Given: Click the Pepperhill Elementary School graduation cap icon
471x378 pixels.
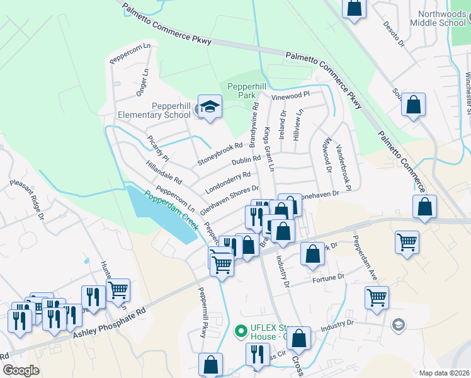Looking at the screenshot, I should [x=210, y=106].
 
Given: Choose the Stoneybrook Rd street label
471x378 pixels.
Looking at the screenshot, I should [x=220, y=153].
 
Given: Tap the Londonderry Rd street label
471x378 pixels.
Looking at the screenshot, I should [x=227, y=183].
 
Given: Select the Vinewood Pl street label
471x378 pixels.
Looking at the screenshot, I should [x=291, y=94].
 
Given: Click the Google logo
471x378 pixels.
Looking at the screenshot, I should [x=21, y=370].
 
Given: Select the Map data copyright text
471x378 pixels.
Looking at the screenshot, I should [x=445, y=372].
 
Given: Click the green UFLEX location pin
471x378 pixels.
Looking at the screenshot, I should [x=239, y=330].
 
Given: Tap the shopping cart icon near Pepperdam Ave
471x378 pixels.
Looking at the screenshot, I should [x=377, y=297].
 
